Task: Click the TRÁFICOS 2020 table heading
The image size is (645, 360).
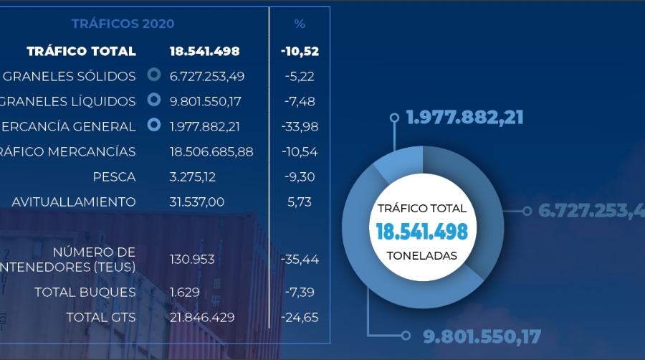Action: (x=123, y=24)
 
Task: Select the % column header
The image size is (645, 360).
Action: (x=300, y=24)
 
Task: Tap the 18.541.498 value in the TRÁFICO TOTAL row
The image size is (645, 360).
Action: (x=204, y=51)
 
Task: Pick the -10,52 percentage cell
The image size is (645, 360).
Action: (x=300, y=51)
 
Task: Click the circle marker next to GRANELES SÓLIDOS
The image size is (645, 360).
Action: (x=153, y=75)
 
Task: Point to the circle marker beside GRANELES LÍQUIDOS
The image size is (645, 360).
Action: (x=153, y=100)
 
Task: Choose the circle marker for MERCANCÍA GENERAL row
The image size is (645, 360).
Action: (x=153, y=125)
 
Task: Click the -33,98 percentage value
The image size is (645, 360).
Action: (x=300, y=126)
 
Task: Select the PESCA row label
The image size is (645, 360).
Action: (x=114, y=176)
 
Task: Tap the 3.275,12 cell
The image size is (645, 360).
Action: (x=192, y=176)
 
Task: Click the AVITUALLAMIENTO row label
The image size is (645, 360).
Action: (x=73, y=202)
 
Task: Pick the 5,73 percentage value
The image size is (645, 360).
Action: (x=299, y=202)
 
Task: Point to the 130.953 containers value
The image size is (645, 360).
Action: (x=192, y=259)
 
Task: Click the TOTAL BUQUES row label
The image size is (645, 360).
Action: (x=85, y=292)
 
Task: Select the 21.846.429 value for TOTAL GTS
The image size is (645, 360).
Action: (x=202, y=317)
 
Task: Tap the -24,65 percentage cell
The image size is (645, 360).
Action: (x=300, y=317)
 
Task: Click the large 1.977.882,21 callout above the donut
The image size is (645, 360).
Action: (x=464, y=116)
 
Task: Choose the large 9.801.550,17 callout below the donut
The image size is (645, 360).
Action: (x=481, y=335)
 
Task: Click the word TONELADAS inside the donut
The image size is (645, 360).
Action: (x=421, y=255)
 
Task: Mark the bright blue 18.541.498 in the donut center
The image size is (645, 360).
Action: (x=421, y=231)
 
